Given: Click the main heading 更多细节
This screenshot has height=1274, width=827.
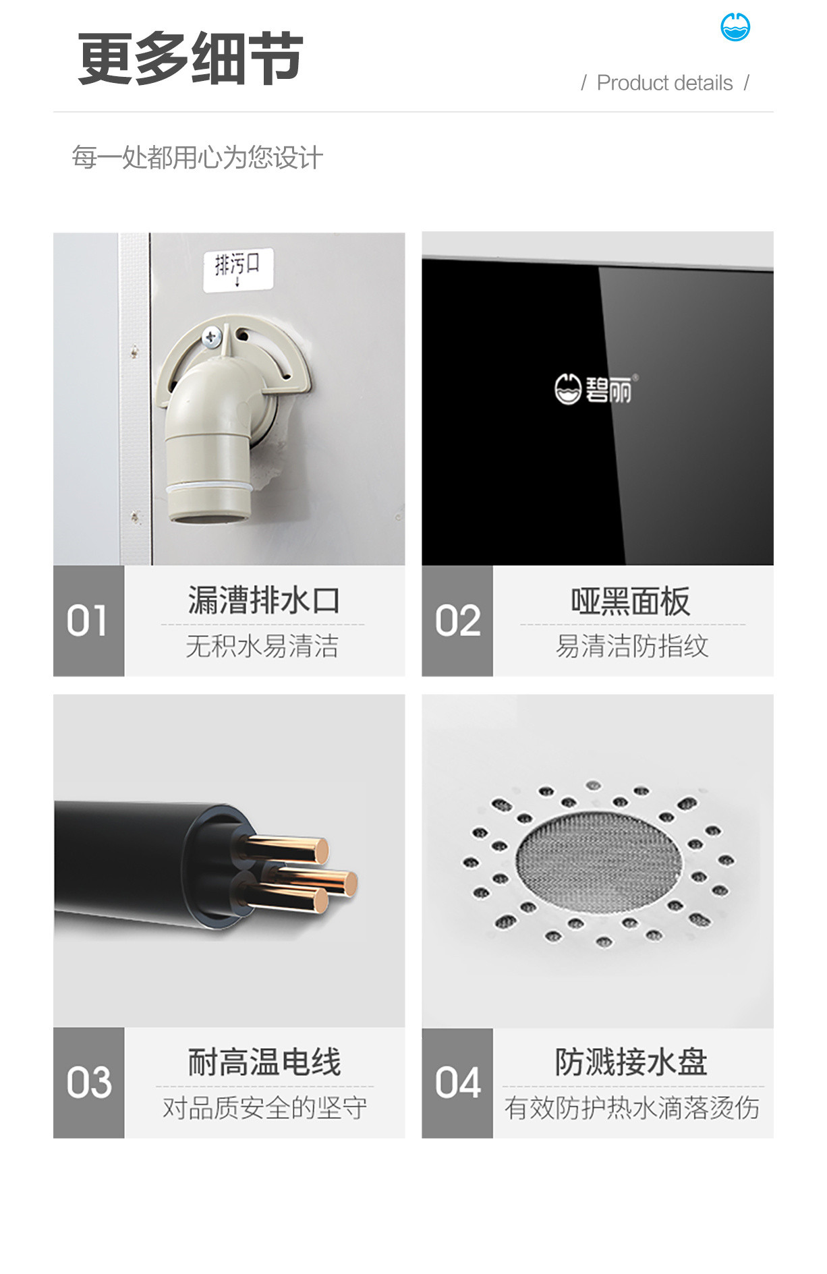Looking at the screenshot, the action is [190, 59].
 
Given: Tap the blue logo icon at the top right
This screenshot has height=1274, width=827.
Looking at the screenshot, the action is [735, 27].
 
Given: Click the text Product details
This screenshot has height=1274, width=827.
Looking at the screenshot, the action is [664, 83].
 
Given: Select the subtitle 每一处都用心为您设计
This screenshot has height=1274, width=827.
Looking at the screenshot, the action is [197, 158].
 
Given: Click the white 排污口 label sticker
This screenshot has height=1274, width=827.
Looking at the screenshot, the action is [238, 268].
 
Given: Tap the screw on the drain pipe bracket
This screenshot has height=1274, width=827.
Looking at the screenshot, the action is [212, 336].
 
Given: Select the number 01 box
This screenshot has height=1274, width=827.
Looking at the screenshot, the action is [88, 620].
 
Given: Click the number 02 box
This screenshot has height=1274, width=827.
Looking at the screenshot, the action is [457, 620].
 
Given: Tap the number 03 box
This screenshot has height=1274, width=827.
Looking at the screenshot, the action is [88, 1082].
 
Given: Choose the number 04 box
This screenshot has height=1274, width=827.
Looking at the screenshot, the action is [457, 1082].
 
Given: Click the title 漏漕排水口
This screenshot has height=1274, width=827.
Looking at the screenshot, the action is [264, 600].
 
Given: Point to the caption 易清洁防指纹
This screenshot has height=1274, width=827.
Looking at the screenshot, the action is [632, 646].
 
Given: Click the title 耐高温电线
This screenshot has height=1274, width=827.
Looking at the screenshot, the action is [264, 1062].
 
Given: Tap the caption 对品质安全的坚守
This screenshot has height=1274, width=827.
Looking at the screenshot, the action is [264, 1107].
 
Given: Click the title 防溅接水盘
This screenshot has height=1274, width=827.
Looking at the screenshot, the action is [631, 1062].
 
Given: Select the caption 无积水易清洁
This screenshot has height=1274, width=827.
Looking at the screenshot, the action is [262, 646].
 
